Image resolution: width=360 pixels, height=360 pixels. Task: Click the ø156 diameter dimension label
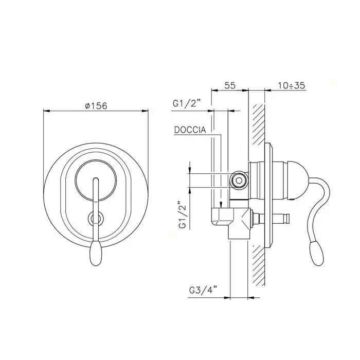click(x=96, y=106)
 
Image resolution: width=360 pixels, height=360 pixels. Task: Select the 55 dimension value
click(x=230, y=85)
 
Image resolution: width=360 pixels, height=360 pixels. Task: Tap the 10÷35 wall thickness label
click(x=292, y=85)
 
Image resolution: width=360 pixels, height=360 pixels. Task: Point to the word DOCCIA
click(x=190, y=130)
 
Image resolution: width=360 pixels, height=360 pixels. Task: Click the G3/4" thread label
click(x=203, y=290)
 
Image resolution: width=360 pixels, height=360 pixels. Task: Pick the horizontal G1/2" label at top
click(x=187, y=104)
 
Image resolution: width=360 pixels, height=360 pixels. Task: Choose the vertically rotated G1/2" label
click(x=182, y=215)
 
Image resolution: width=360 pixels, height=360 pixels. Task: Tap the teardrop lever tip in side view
click(x=317, y=254)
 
